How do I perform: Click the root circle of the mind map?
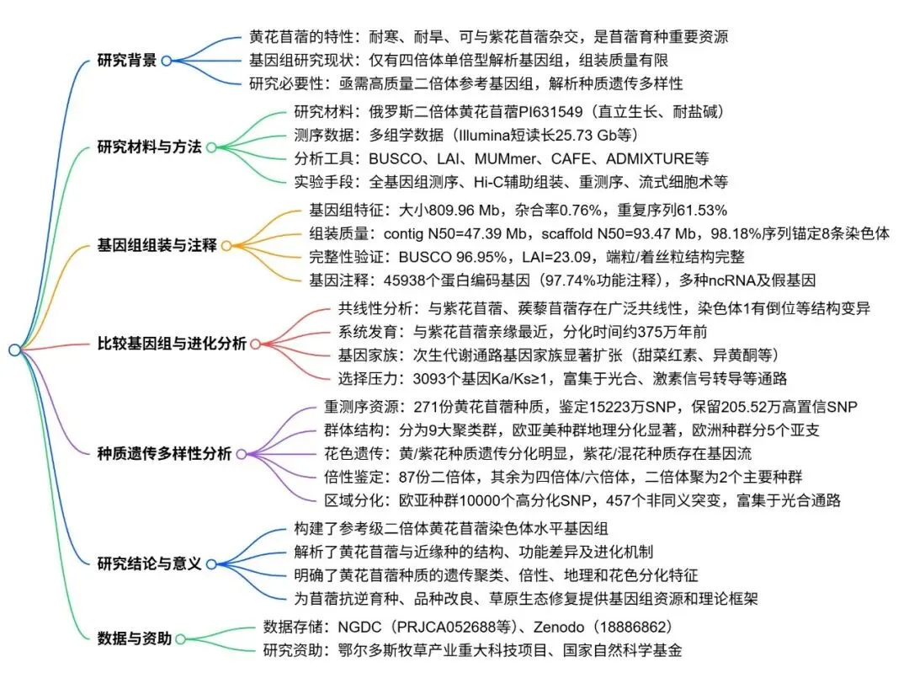pyautogui.click(x=14, y=350)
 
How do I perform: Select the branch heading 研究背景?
pyautogui.click(x=127, y=61)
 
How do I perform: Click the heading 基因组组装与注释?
pyautogui.click(x=157, y=246)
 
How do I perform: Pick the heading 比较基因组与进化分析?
pyautogui.click(x=173, y=344)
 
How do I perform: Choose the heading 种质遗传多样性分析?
pyautogui.click(x=165, y=453)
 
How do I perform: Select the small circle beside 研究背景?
pyautogui.click(x=167, y=61)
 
